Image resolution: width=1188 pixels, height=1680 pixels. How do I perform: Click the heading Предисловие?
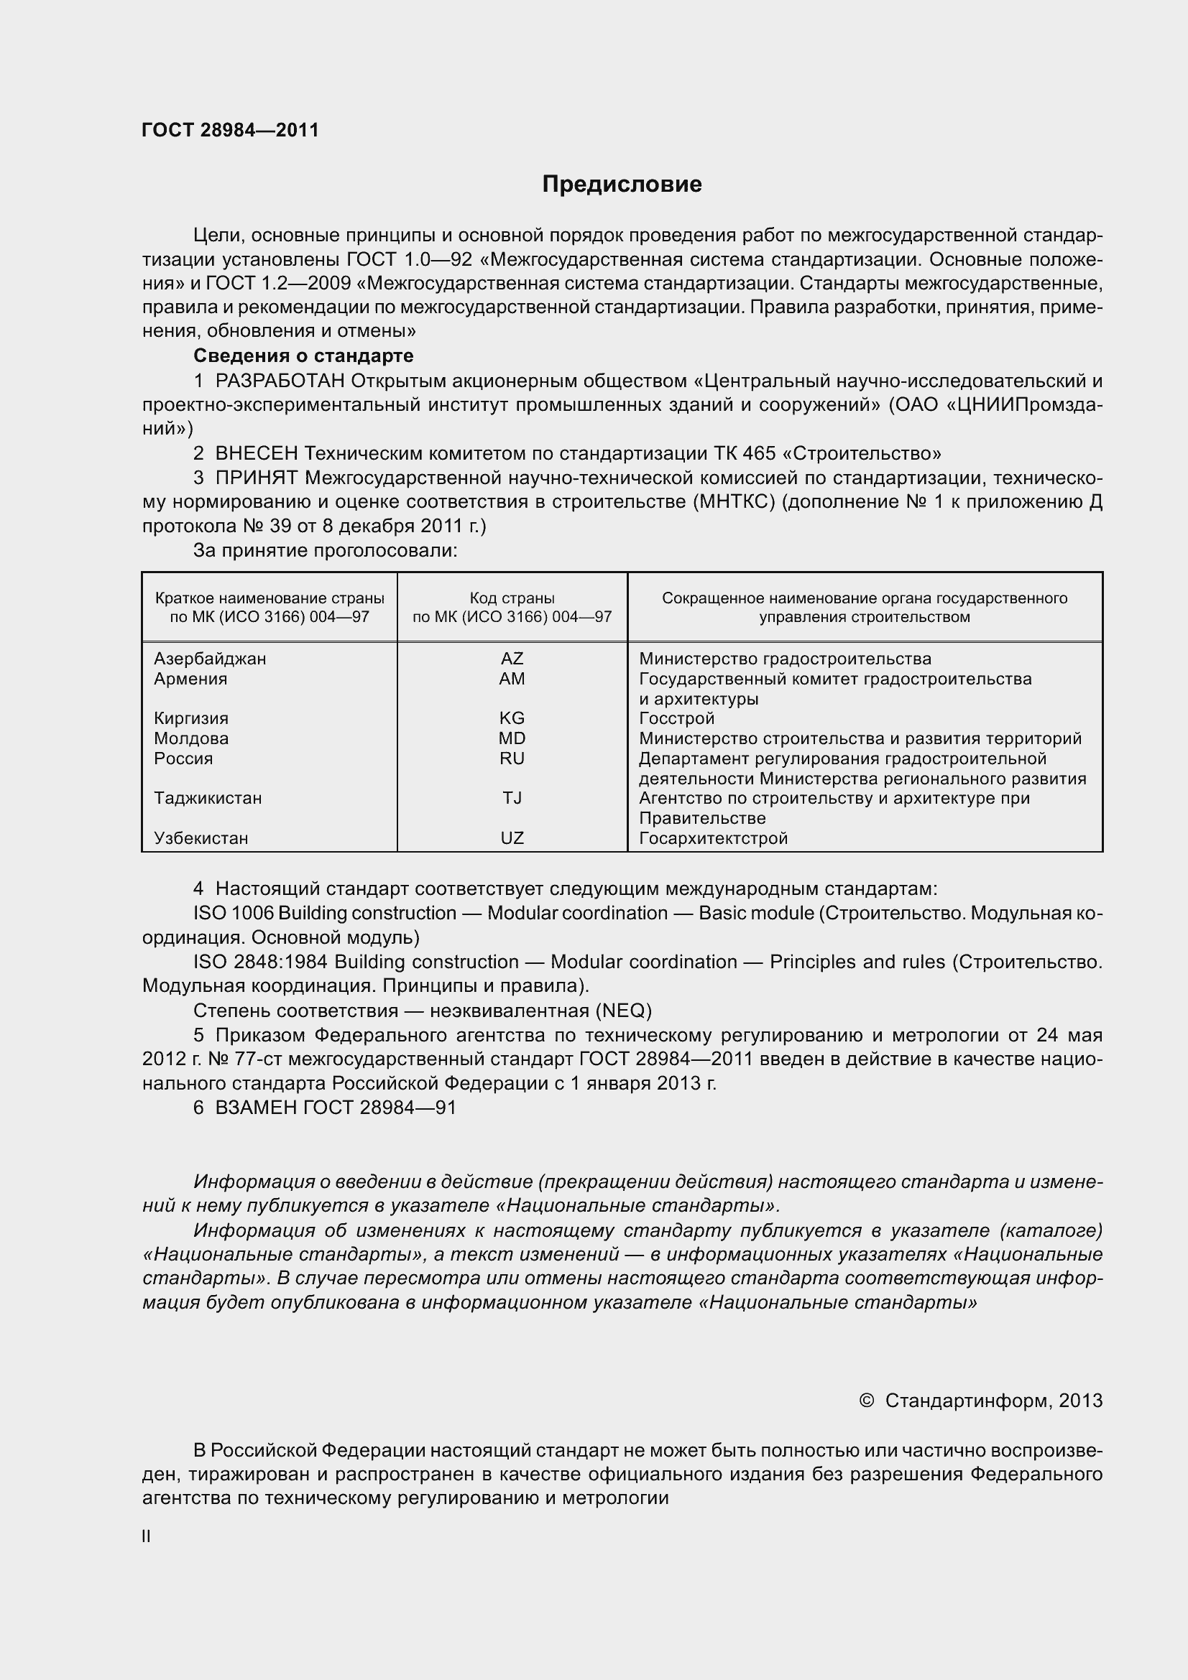coord(622,185)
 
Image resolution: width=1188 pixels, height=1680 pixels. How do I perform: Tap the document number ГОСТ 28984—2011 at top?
coord(231,130)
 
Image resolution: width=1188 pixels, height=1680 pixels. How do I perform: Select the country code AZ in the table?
coord(512,659)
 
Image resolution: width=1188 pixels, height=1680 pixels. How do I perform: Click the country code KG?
coord(512,718)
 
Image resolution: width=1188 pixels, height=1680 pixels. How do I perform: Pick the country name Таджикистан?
coord(208,797)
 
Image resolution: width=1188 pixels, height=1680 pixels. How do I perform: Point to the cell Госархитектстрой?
coord(713,837)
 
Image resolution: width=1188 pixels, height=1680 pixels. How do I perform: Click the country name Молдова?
coord(191,738)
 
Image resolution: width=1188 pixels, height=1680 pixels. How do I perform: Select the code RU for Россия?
coord(512,758)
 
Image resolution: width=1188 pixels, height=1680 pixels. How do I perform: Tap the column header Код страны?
coord(512,598)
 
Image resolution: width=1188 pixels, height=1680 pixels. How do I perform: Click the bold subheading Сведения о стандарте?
coord(303,356)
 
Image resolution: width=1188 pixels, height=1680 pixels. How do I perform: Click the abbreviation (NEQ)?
coord(623,1011)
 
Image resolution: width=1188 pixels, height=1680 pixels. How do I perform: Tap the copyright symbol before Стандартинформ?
coord(866,1400)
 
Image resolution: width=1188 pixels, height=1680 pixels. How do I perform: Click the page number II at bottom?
coord(147,1536)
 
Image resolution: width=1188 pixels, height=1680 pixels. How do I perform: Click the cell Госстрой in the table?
coord(676,718)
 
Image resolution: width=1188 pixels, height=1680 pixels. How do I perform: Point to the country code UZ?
coord(512,837)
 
